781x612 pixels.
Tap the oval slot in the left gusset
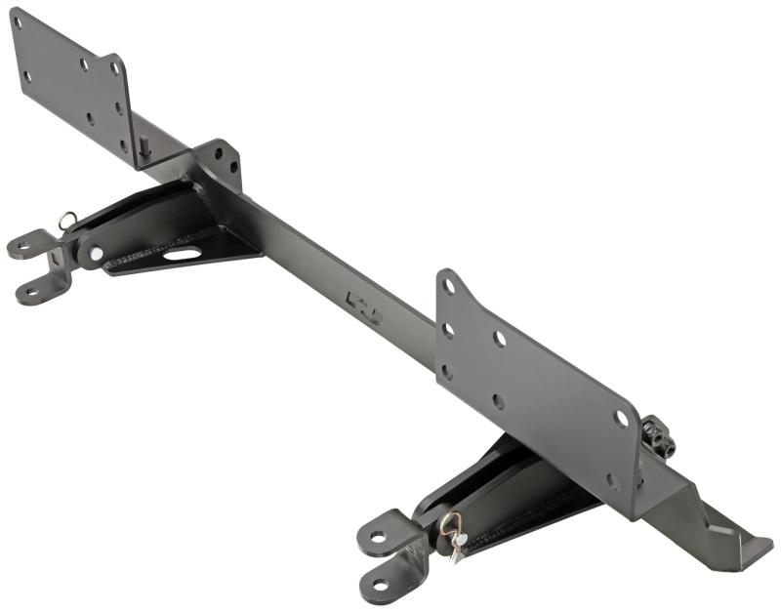pyautogui.click(x=183, y=254)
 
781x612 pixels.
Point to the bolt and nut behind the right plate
pyautogui.click(x=658, y=437)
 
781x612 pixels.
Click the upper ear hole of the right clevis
pyautogui.click(x=377, y=536)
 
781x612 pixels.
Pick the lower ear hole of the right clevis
pyautogui.click(x=382, y=585)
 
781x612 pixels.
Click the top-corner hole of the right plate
pyautogui.click(x=448, y=287)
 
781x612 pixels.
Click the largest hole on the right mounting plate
pyautogui.click(x=621, y=419)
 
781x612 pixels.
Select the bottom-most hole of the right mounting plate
pyautogui.click(x=612, y=481)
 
